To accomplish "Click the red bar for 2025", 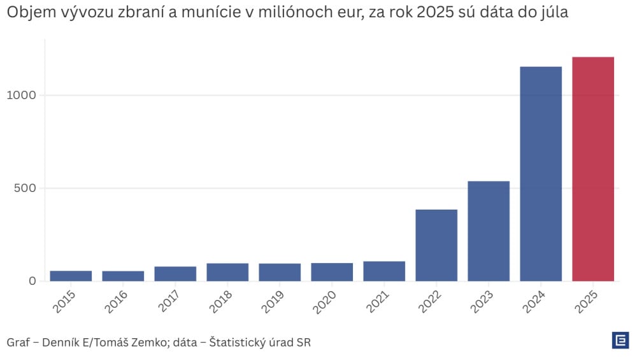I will click(593, 169).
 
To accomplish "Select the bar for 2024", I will click(541, 173).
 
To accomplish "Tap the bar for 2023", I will click(489, 231).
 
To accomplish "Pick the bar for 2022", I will click(436, 245).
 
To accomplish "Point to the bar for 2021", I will click(384, 271).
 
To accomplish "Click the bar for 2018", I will click(227, 272).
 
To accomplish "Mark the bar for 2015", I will click(71, 276).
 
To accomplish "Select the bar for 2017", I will click(175, 273).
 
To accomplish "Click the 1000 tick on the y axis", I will click(23, 95).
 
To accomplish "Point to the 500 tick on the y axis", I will click(26, 188).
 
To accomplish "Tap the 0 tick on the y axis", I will click(32, 281).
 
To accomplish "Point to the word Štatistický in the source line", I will click(243, 343).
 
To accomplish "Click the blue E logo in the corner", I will click(620, 340).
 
